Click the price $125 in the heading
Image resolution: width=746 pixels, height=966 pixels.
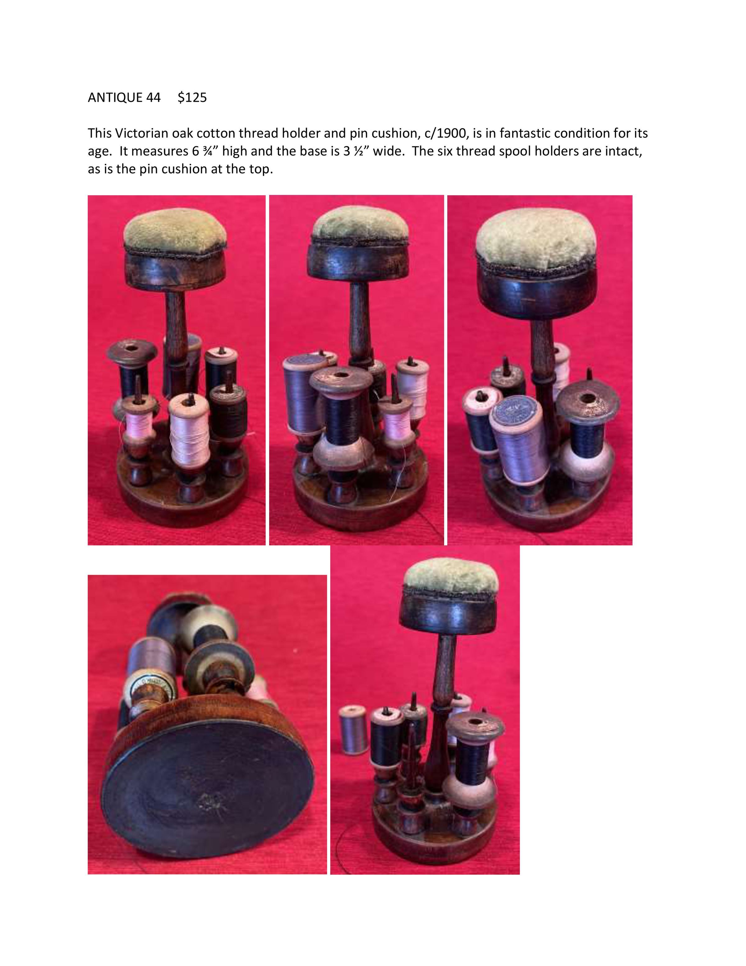pos(192,97)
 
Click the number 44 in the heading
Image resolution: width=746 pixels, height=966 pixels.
pos(153,97)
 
